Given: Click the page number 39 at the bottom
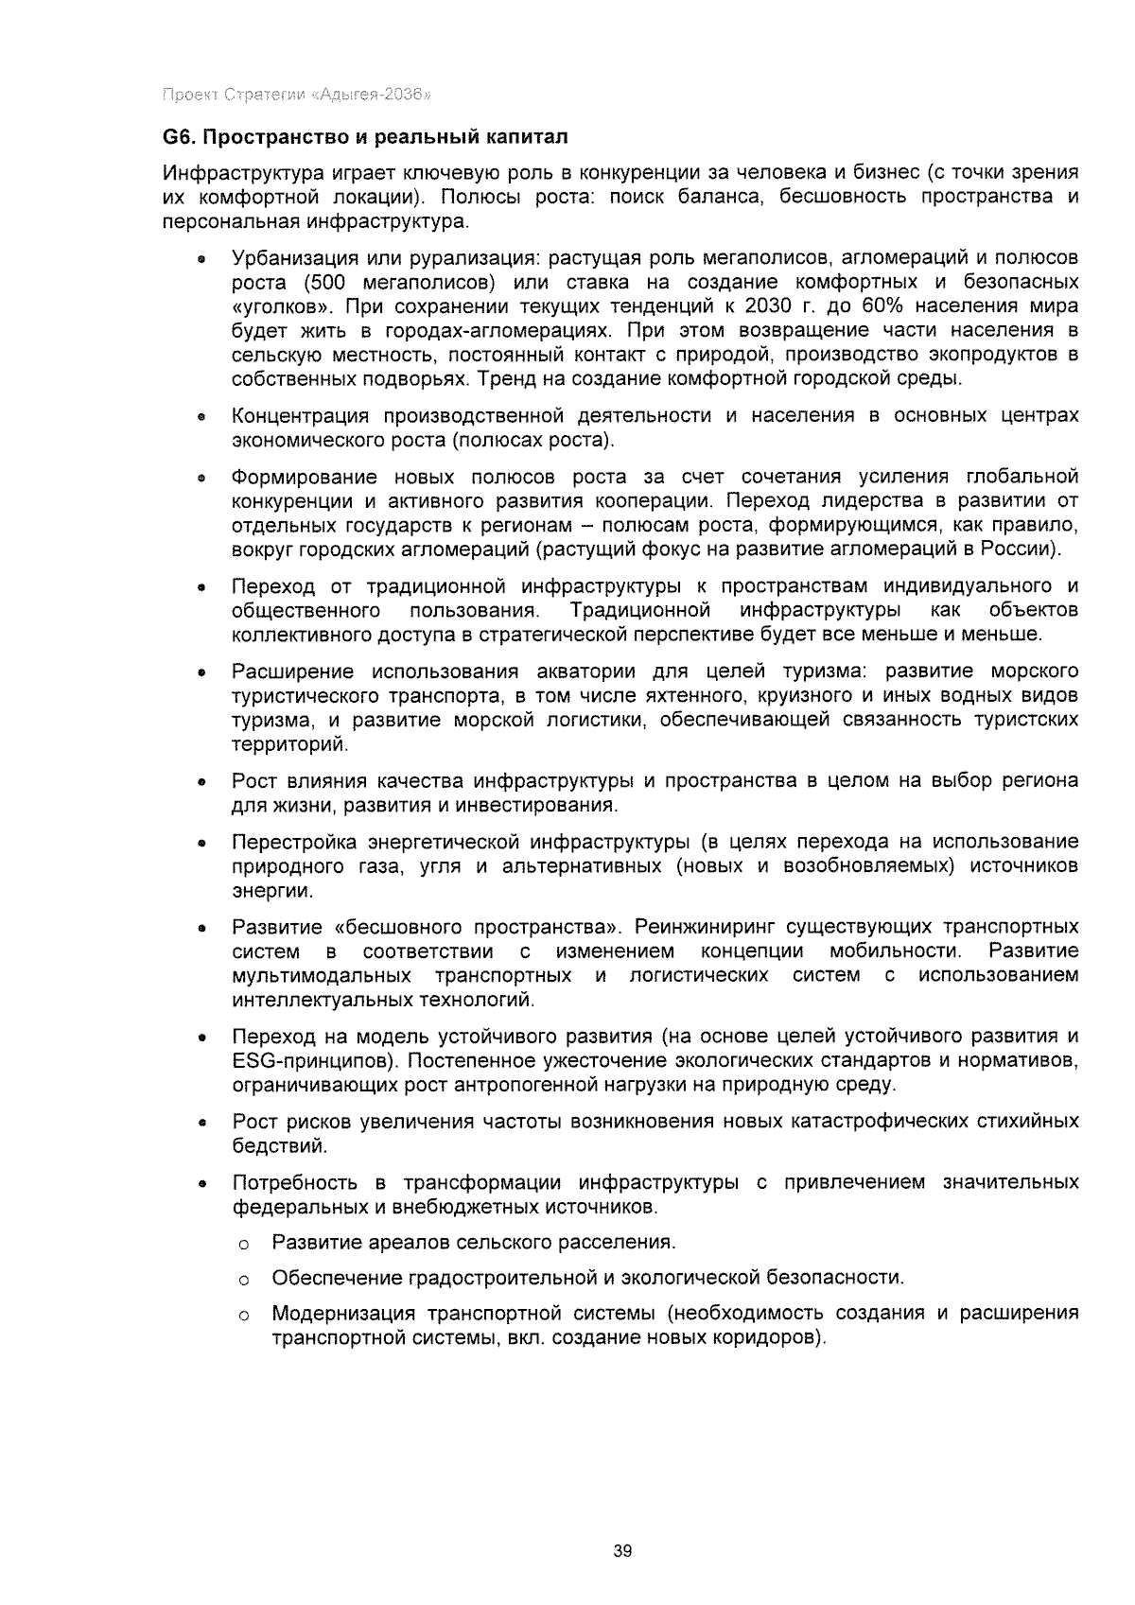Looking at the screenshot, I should point(621,1551).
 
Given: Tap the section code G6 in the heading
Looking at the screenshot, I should point(177,137).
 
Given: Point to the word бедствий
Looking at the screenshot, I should point(279,1146).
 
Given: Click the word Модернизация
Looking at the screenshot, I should point(343,1315).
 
